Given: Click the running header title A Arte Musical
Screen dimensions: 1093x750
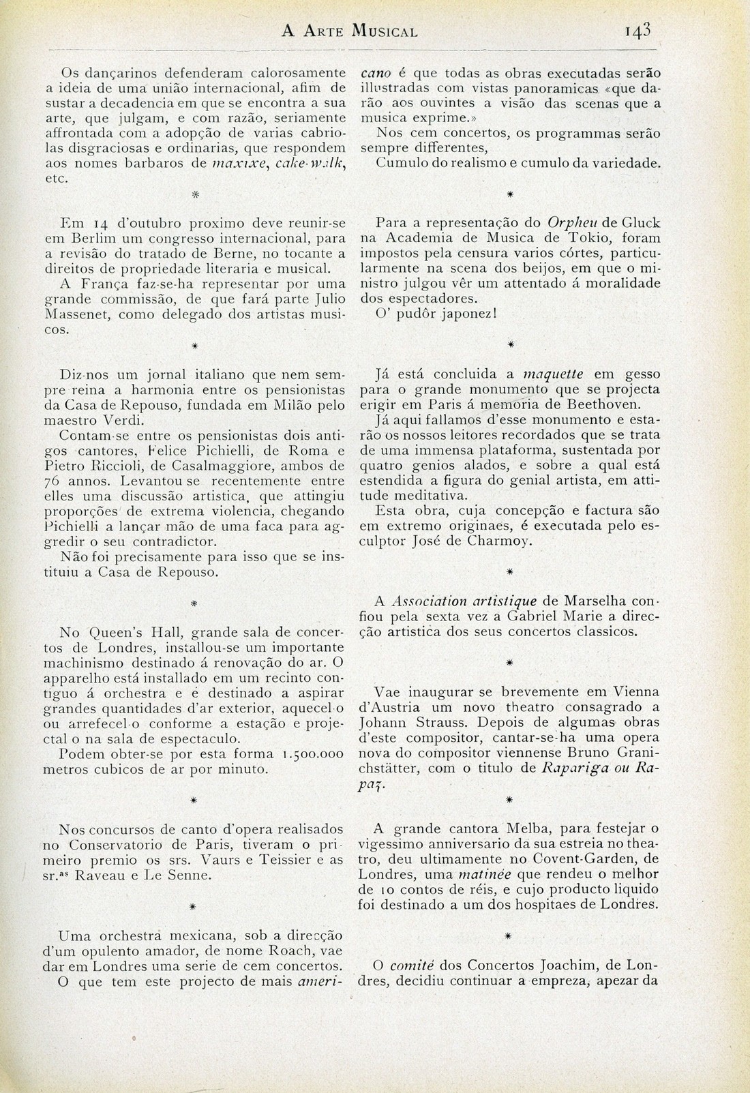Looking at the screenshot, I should coord(350,31).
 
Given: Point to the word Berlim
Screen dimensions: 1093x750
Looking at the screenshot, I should coord(94,239).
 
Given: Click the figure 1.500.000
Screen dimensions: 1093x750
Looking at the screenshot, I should coord(312,755).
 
